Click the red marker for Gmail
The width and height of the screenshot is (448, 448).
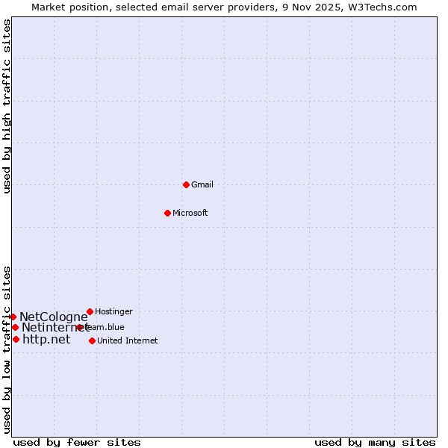point(186,184)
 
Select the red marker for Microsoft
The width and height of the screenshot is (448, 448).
point(167,213)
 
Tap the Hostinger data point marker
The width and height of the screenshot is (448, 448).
point(90,311)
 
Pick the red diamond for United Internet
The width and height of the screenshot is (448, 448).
point(92,340)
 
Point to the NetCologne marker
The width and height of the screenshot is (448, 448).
point(13,317)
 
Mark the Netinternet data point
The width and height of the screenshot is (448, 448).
point(15,327)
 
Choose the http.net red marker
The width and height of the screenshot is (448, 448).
point(16,339)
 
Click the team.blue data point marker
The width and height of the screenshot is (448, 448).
point(80,327)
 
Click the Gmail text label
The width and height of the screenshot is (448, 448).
point(202,184)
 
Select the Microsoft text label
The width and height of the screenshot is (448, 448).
point(190,213)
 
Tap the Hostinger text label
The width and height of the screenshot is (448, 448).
point(113,311)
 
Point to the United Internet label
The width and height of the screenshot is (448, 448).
point(128,340)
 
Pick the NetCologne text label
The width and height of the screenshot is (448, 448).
point(54,317)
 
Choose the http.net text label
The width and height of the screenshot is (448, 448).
point(46,339)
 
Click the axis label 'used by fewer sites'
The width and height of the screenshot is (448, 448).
point(77,442)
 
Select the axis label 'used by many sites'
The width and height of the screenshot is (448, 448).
point(375,442)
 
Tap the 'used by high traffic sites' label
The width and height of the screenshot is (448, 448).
point(7,106)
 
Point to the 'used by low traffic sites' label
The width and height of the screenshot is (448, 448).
point(7,349)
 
